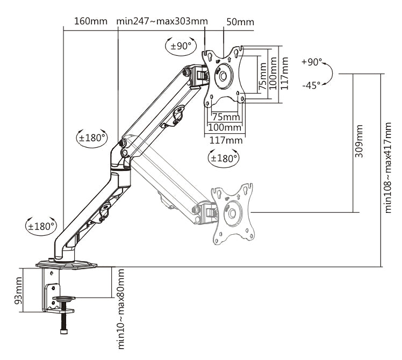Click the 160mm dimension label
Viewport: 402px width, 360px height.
(91, 21)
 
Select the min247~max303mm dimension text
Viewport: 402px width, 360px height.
(162, 21)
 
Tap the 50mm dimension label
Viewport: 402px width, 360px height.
(240, 22)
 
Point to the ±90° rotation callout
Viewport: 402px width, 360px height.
(181, 46)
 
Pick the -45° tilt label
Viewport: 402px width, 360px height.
(311, 85)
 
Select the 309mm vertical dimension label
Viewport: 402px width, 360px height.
(359, 141)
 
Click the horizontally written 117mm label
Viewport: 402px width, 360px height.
(225, 140)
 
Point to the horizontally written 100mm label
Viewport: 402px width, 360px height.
(225, 128)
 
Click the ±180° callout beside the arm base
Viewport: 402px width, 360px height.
(41, 226)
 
